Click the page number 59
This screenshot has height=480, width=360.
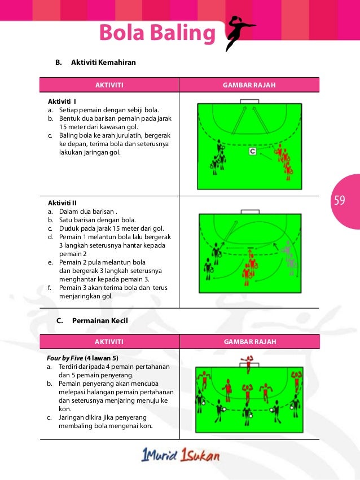coord(340,200)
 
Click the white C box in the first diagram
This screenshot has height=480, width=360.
coord(253,152)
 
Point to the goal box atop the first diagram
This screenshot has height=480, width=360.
coord(249,102)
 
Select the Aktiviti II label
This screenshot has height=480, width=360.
coord(63,201)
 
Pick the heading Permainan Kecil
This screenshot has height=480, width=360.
coord(100,320)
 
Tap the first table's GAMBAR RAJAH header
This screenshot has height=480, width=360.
coord(249,85)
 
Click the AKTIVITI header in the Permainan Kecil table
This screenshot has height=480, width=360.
coord(109,342)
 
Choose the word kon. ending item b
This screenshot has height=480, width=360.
coord(65,408)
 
